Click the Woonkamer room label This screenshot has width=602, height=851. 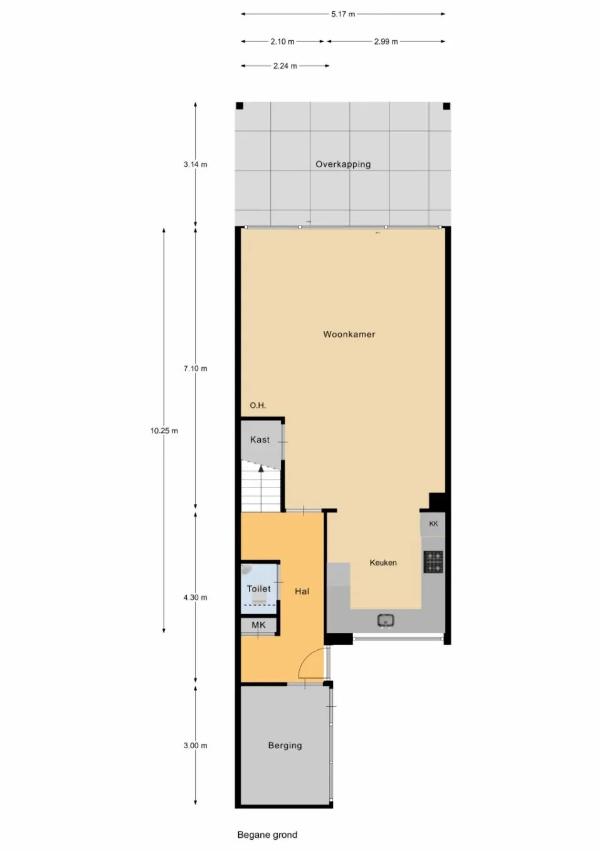pos(349,335)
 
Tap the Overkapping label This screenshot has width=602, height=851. pos(343,164)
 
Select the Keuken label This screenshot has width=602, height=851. pos(383,563)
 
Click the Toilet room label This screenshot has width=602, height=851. pos(259,589)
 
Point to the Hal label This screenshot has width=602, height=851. pos(302,591)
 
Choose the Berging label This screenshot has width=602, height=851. pos(285,746)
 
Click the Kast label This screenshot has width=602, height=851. pos(260,439)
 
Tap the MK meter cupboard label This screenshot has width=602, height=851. pos(258,625)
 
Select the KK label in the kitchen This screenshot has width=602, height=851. pos(434,523)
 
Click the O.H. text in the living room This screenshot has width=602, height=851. pos(258,405)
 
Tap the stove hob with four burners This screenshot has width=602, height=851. pos(434,562)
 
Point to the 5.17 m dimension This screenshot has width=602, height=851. pos(343,14)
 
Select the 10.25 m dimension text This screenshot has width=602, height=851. pos(164,431)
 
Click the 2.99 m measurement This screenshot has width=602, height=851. pos(386,41)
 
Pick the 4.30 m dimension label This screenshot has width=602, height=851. pos(196,597)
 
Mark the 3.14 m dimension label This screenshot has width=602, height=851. pos(196,165)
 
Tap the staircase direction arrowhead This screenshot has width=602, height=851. pos(261,469)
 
